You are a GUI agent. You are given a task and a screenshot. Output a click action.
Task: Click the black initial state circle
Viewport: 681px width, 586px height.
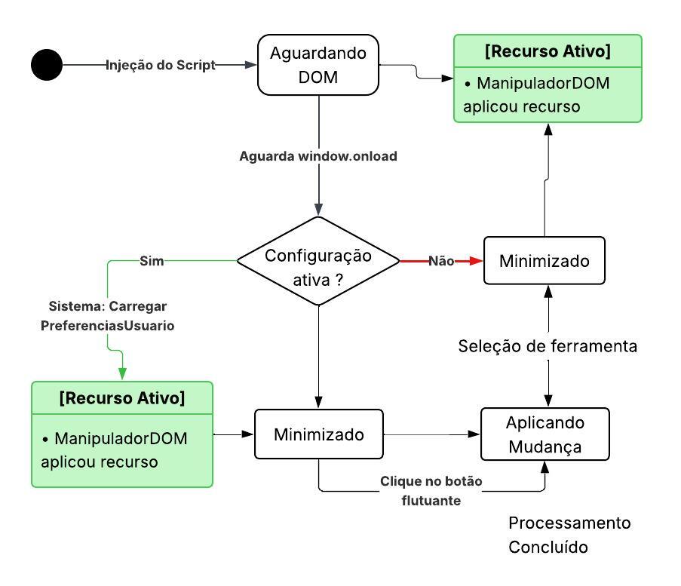coord(47,65)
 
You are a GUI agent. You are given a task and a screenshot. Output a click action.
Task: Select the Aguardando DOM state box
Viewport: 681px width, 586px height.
coord(317,65)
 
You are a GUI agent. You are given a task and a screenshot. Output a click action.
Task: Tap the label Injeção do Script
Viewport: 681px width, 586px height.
coord(160,65)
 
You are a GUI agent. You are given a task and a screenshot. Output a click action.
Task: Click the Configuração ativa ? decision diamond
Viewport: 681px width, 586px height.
coord(317,261)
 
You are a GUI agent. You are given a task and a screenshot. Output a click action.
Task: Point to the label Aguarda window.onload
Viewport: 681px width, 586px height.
coord(317,157)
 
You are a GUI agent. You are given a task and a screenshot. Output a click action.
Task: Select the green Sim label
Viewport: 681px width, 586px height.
coord(152,261)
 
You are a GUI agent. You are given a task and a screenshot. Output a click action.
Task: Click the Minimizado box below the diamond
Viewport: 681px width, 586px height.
coord(318,434)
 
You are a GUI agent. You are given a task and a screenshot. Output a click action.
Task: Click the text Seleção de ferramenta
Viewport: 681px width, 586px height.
coord(548,346)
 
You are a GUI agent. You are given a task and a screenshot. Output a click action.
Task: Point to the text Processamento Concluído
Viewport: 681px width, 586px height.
coord(569,535)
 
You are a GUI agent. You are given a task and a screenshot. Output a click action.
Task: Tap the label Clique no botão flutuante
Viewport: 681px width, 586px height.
coord(431,490)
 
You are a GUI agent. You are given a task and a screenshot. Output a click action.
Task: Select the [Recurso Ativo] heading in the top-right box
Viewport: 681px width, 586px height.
coord(548,51)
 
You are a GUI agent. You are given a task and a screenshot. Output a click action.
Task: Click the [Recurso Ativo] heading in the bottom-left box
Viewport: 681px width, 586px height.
coord(122,398)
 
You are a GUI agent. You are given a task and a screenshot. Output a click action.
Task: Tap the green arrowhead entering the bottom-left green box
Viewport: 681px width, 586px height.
coord(122,374)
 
